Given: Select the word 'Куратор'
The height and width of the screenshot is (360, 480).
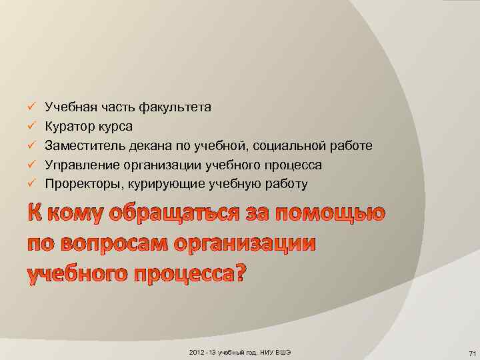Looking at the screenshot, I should pyautogui.click(x=67, y=126).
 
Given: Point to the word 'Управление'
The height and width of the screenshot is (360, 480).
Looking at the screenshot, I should pyautogui.click(x=79, y=165).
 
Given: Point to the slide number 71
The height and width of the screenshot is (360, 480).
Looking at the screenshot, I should pyautogui.click(x=471, y=353).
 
